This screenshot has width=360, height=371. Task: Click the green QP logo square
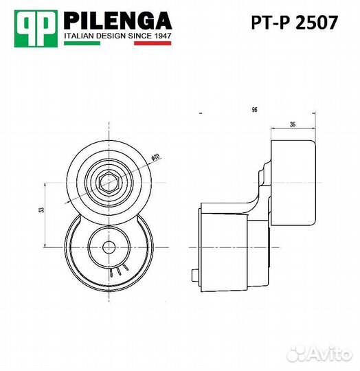tap(36, 29)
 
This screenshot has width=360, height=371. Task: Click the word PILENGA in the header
tap(117, 21)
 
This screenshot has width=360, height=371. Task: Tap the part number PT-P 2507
tap(294, 23)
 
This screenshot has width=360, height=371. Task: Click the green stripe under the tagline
tap(82, 43)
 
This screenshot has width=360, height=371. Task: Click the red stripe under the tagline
tap(153, 43)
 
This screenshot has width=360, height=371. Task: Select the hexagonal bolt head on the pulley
tap(109, 183)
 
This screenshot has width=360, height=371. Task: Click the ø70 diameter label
tap(156, 157)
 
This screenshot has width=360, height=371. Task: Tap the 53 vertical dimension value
tap(41, 210)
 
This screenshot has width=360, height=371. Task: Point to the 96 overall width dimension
tap(254, 110)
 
